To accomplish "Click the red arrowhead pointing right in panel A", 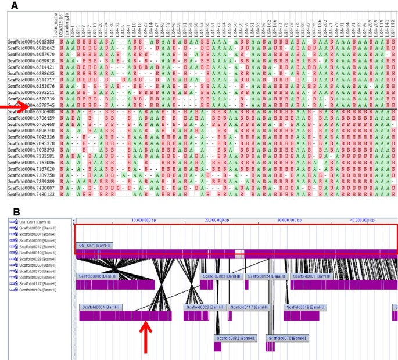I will click(17, 106).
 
